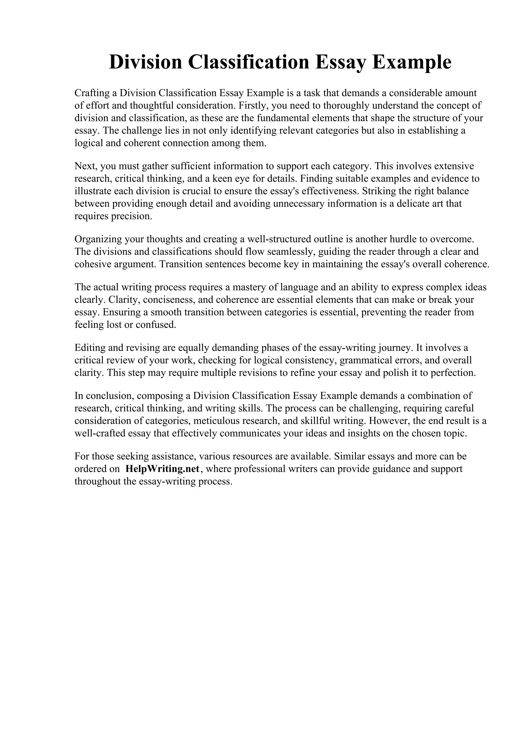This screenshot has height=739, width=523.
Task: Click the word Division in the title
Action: pyautogui.click(x=145, y=62)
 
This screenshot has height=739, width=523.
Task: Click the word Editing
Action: pyautogui.click(x=90, y=348)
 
